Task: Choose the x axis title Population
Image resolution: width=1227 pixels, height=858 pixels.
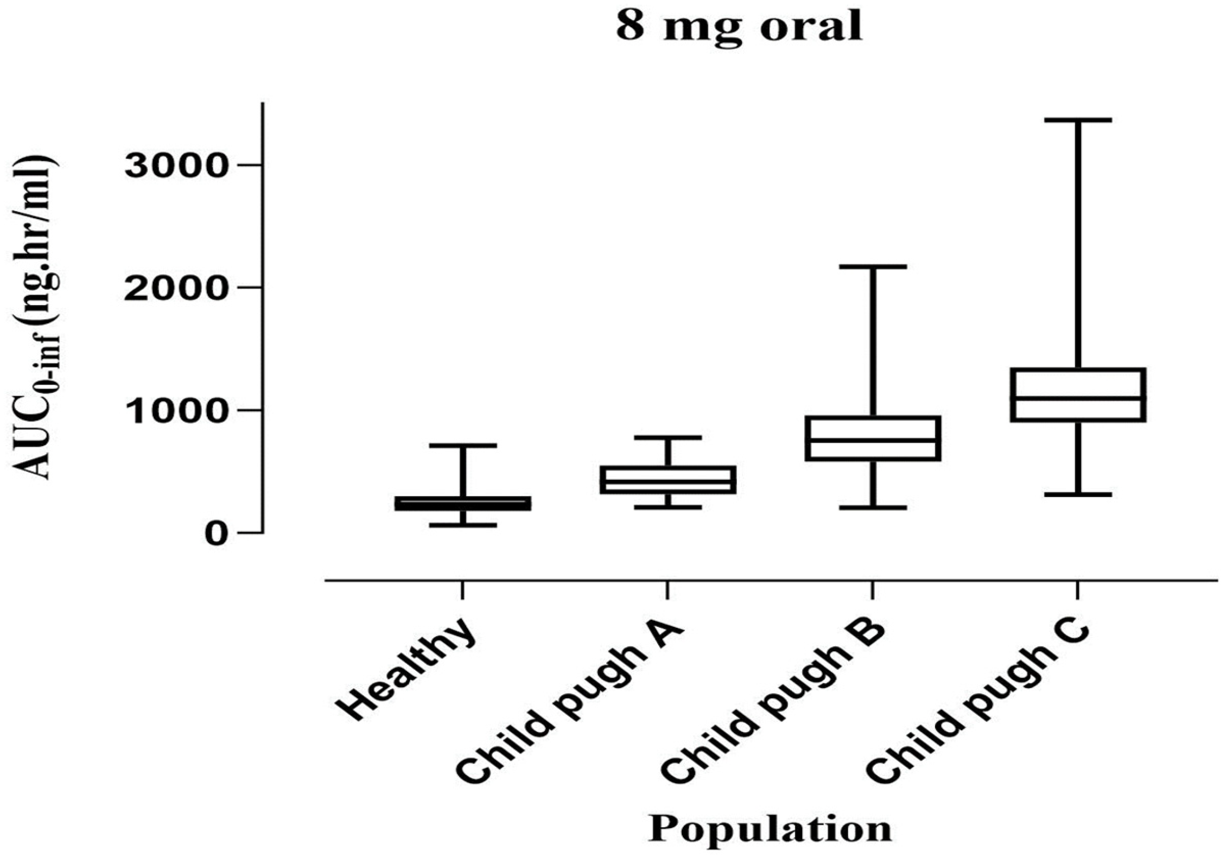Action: [x=769, y=829]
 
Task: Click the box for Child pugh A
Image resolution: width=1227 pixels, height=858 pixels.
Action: [x=667, y=480]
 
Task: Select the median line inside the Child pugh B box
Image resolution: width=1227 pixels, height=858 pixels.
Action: [x=872, y=440]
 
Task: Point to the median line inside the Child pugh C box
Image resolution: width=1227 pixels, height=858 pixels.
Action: [x=1077, y=398]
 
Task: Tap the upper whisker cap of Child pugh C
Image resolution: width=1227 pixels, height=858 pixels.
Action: [x=1077, y=120]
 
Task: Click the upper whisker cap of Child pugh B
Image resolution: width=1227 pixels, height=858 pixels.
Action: [x=872, y=266]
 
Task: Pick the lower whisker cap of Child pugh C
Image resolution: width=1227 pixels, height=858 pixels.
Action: [x=1077, y=494]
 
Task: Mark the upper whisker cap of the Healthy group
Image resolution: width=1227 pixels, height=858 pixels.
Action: [x=462, y=445]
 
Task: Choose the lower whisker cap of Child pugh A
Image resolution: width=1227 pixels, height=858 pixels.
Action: [x=667, y=507]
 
